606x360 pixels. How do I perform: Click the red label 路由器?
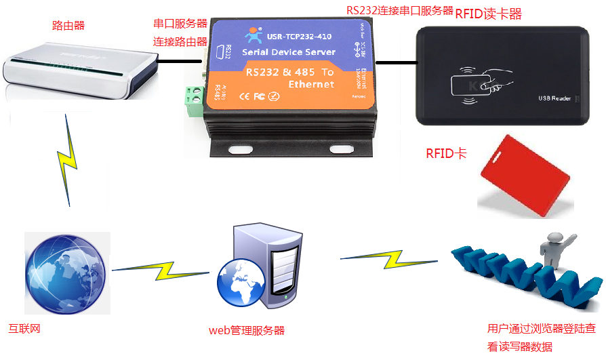pyautogui.click(x=68, y=26)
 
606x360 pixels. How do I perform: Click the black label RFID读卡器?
pyautogui.click(x=488, y=14)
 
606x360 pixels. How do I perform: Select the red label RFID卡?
pyautogui.click(x=445, y=153)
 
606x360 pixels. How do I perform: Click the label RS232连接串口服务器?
pyautogui.click(x=399, y=11)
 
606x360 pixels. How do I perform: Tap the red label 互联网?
pyautogui.click(x=24, y=329)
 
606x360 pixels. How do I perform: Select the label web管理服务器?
pyautogui.click(x=246, y=331)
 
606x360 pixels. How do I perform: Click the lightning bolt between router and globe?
pyautogui.click(x=68, y=160)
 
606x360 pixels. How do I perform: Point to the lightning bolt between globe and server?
pyautogui.click(x=161, y=270)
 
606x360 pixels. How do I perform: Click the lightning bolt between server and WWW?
pyautogui.click(x=390, y=258)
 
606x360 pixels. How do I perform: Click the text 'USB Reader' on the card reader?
pyautogui.click(x=554, y=99)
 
